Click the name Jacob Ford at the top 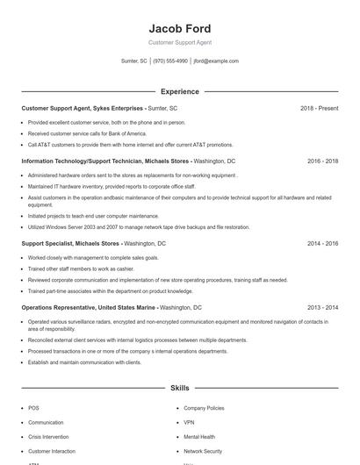[180, 28]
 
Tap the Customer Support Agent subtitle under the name [180, 42]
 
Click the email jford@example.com [216, 61]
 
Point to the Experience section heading [180, 91]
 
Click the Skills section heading [180, 387]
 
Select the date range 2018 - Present [319, 108]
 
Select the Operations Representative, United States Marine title [90, 308]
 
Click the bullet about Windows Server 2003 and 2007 [139, 226]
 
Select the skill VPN [189, 422]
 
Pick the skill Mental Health [199, 436]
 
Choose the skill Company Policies [204, 408]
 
